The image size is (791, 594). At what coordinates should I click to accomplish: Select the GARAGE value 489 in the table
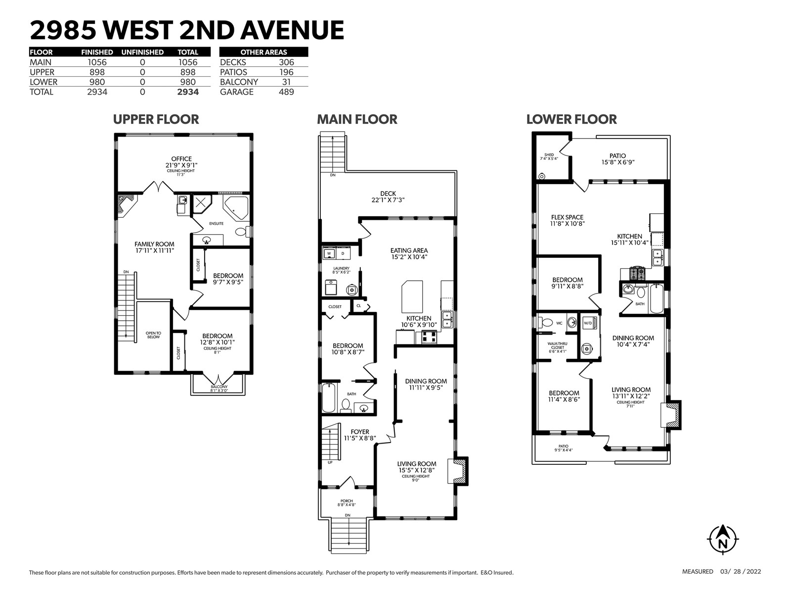click(286, 92)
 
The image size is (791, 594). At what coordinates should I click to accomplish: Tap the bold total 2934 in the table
click(188, 92)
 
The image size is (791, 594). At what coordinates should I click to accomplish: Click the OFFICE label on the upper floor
click(181, 159)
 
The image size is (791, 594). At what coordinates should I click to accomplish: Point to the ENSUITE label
click(216, 224)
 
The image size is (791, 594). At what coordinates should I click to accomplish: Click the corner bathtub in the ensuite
click(236, 208)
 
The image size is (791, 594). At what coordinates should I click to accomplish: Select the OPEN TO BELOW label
click(153, 335)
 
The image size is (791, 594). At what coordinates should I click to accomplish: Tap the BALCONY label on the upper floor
click(219, 387)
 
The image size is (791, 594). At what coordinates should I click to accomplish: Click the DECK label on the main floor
click(388, 194)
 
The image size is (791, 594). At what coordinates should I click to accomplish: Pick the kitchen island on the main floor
click(412, 297)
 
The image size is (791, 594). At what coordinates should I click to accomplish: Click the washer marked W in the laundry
click(329, 253)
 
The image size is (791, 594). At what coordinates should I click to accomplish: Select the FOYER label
click(359, 432)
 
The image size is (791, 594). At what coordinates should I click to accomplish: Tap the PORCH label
click(347, 501)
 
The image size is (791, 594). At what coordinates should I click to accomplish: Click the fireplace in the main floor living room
click(458, 471)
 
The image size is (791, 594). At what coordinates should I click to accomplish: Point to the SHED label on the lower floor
click(549, 155)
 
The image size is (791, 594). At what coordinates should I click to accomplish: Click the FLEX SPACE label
click(567, 217)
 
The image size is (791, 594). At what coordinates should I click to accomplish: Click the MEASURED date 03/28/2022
click(741, 572)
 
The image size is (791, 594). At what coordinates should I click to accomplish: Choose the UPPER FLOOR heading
click(156, 119)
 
